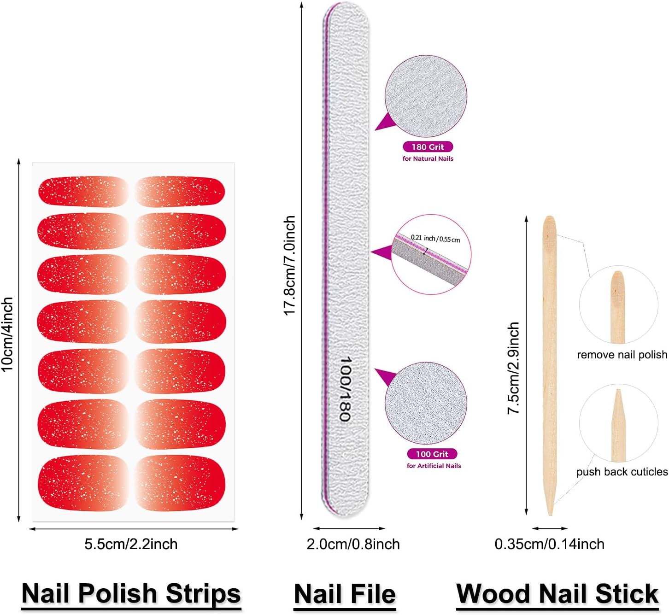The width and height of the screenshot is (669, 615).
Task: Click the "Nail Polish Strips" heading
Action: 131,593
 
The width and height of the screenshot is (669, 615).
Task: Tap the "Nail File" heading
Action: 345,593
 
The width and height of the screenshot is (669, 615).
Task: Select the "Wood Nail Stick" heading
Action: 557,593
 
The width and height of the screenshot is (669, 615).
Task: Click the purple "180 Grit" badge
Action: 428,147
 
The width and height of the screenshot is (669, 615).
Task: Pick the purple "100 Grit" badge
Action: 432,454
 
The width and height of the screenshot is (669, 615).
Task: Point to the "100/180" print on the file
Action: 346,389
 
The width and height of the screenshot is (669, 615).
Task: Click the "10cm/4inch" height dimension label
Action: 7,334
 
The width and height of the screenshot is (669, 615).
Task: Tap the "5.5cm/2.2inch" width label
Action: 131,544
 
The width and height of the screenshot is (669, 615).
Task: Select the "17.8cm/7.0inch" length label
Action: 289,266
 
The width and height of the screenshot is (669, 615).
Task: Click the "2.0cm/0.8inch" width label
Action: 353,544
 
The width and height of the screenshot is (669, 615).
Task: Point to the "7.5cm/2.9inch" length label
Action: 514,368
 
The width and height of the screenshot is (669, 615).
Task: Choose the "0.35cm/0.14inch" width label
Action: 549,544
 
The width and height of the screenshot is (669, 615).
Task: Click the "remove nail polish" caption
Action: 622,355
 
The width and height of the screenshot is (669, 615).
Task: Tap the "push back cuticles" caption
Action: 622,472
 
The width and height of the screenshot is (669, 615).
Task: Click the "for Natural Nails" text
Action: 428,158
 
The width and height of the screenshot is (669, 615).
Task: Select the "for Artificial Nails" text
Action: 434,466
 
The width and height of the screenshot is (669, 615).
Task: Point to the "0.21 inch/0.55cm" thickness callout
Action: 435,239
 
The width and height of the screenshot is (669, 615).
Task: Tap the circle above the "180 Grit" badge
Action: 426,96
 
